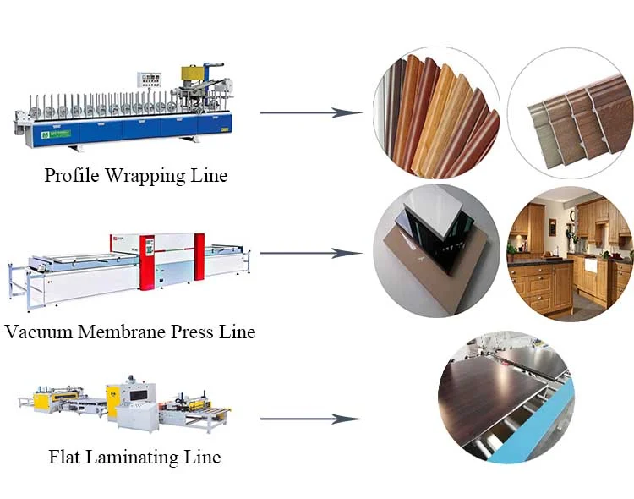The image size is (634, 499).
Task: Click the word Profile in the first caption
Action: (72, 175)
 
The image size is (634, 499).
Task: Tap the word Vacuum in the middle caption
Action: (39, 332)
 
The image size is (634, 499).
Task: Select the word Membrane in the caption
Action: (122, 332)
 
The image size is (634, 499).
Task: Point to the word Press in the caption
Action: (193, 332)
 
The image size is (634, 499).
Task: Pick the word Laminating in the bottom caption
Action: (133, 458)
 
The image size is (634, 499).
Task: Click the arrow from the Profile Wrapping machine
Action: (311, 113)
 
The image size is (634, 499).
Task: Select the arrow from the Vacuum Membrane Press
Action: (311, 254)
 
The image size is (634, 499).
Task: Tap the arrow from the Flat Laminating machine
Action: (311, 419)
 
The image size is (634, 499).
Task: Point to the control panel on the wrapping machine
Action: (149, 80)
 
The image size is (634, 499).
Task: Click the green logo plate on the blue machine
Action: (56, 134)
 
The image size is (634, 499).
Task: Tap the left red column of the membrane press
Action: (147, 262)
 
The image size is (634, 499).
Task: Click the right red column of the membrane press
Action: (199, 256)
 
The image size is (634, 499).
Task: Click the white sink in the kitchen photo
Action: (591, 265)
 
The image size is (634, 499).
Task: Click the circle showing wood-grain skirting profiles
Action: (571, 113)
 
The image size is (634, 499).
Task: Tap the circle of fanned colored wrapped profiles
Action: (436, 113)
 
